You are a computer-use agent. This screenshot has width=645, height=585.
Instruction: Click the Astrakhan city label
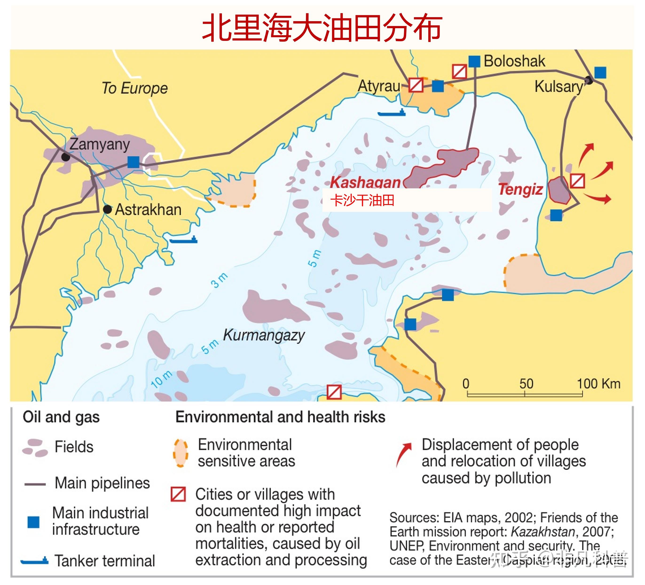(x=148, y=210)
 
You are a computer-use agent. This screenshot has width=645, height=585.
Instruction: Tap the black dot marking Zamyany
(x=66, y=157)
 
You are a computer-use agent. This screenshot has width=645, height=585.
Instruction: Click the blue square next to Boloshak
(x=474, y=61)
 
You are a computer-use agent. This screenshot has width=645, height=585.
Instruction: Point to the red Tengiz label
(x=521, y=190)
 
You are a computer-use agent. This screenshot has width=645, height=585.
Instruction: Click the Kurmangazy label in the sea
(x=264, y=335)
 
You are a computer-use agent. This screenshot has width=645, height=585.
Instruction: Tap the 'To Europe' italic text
(x=135, y=88)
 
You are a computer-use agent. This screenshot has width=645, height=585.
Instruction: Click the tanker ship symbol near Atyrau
(x=391, y=113)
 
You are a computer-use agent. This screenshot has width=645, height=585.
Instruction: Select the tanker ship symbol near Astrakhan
(x=183, y=240)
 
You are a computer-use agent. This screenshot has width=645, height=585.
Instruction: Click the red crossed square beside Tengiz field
(x=578, y=181)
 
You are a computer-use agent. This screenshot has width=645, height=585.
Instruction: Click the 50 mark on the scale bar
(x=526, y=384)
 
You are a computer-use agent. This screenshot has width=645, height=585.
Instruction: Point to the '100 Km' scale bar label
(x=598, y=384)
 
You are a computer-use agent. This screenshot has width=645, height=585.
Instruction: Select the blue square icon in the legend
(x=33, y=522)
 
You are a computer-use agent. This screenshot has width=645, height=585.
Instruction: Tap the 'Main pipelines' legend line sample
(x=35, y=484)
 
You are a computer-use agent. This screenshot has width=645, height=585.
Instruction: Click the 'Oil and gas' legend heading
(x=61, y=417)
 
